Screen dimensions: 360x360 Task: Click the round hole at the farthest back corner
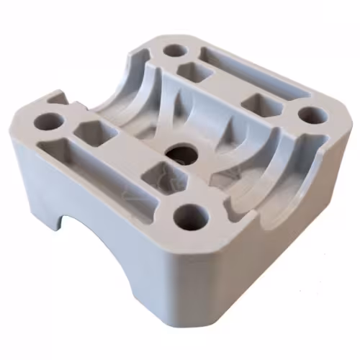tap(175, 51)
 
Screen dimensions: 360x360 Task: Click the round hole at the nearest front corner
tap(191, 215)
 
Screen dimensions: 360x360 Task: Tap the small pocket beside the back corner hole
tap(194, 71)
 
